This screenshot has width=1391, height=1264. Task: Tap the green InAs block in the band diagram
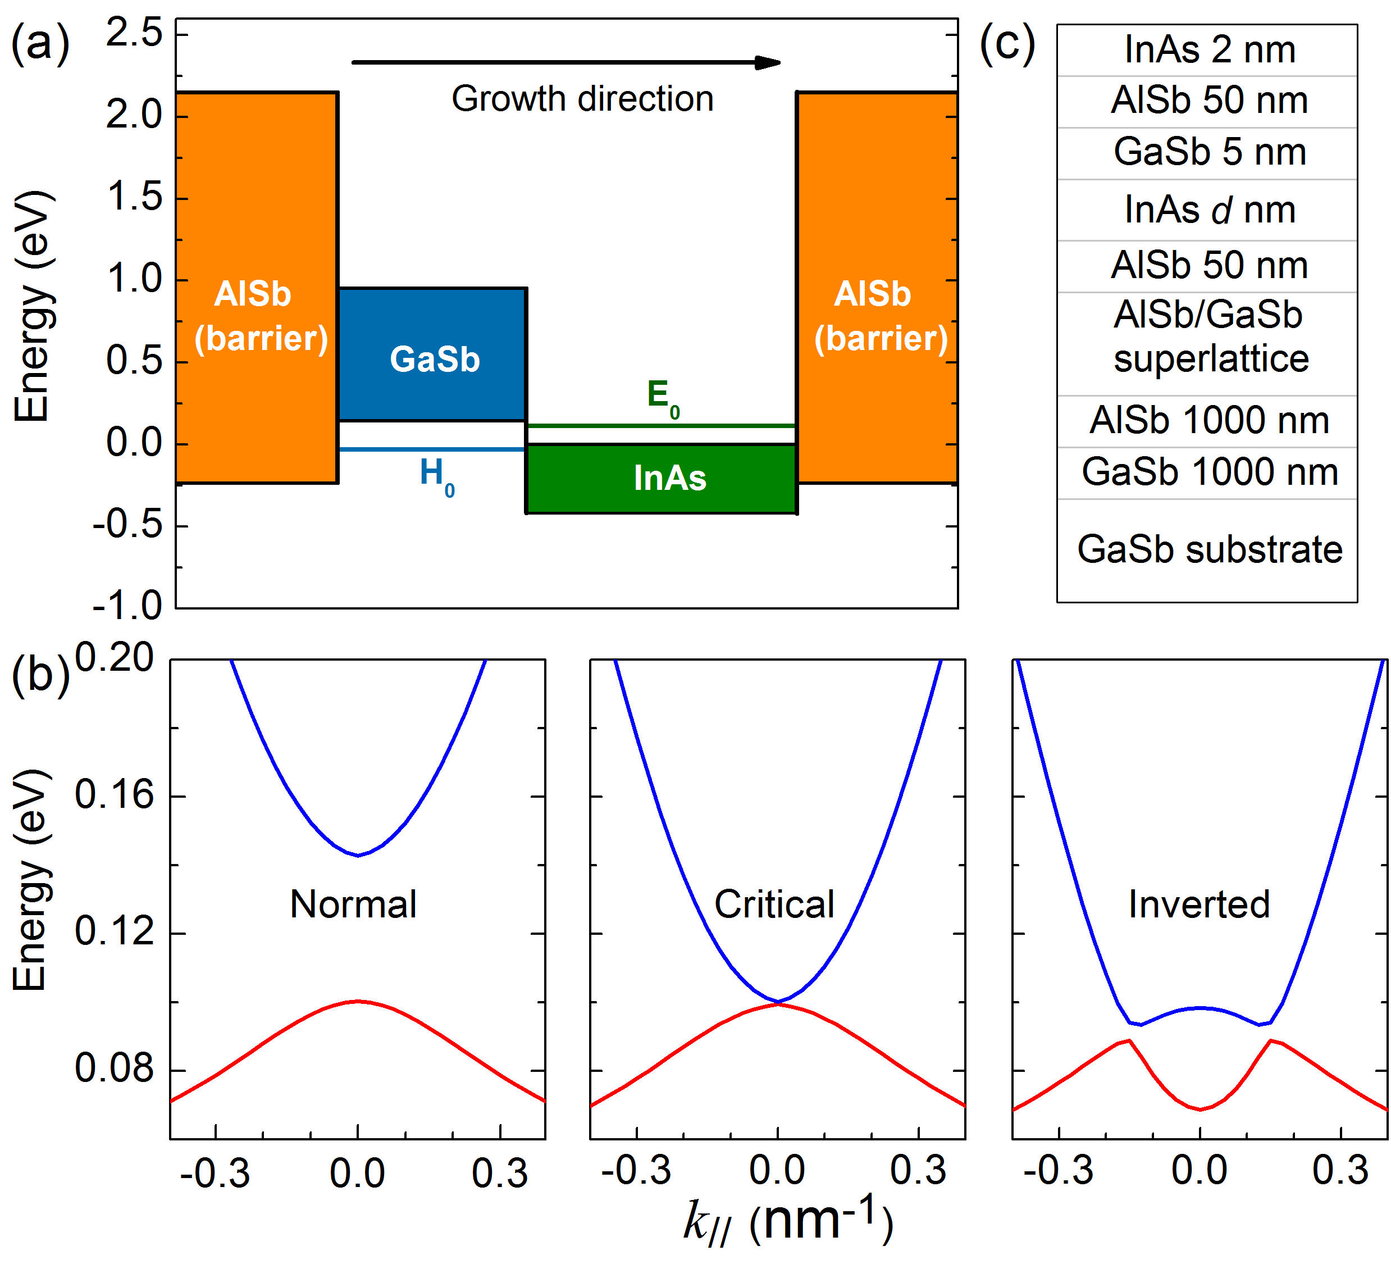(662, 479)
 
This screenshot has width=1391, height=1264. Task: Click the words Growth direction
(582, 99)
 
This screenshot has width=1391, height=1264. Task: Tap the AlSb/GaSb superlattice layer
(1209, 337)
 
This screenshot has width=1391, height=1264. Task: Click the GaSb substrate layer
(1209, 549)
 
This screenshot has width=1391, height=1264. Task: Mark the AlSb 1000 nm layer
(1209, 420)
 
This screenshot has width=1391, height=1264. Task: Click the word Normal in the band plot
(353, 904)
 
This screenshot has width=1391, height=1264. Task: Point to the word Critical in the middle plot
(774, 904)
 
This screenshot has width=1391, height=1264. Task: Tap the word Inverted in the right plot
(1199, 904)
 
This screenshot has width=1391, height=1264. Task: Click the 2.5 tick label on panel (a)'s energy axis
(134, 34)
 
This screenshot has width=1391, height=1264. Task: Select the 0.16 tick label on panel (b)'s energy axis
(114, 795)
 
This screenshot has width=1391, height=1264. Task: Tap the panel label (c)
(1007, 44)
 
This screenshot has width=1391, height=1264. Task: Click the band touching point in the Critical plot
(778, 1002)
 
